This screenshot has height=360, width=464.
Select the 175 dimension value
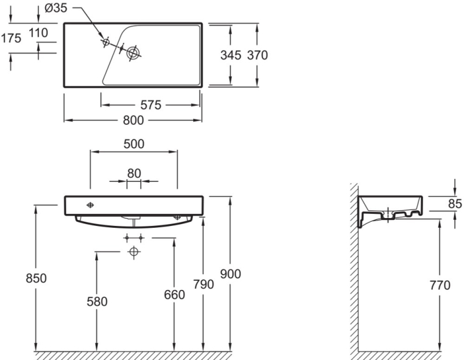(11, 38)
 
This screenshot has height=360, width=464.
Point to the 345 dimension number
(231, 55)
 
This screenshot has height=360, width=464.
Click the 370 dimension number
(257, 55)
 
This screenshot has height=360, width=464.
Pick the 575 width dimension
(150, 105)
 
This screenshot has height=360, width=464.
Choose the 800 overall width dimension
(133, 121)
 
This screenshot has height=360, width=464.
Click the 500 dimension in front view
(133, 144)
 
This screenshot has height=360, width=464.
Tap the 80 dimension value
(134, 173)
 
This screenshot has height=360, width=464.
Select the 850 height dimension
(37, 278)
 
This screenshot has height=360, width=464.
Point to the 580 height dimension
(96, 301)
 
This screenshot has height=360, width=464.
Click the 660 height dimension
(174, 295)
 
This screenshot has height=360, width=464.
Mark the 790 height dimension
(203, 284)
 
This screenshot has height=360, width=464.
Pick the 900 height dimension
(230, 274)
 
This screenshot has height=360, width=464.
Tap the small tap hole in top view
(105, 42)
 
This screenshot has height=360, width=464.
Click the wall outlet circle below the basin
(134, 252)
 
